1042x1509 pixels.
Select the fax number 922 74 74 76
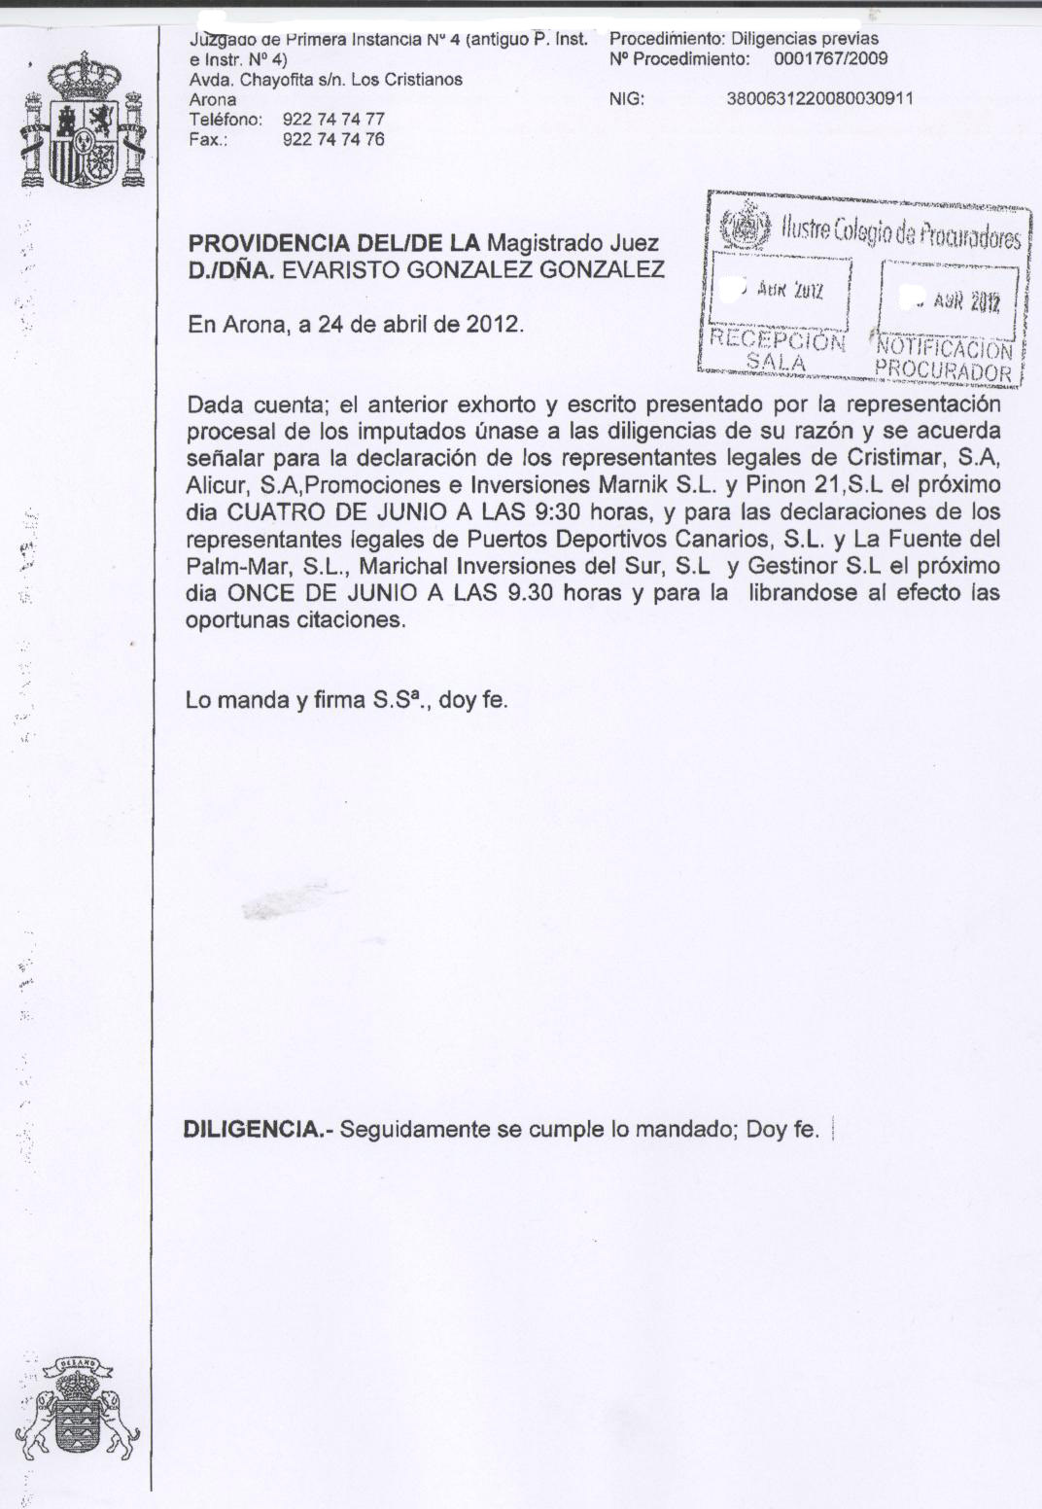[333, 139]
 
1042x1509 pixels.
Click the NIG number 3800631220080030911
[819, 99]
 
